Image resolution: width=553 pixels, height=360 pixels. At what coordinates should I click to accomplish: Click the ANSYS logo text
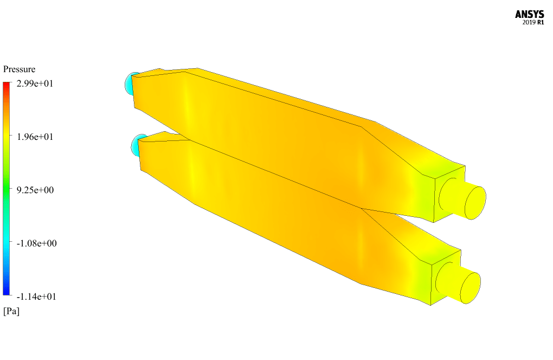point(529,15)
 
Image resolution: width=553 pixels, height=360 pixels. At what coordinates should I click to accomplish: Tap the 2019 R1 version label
point(533,23)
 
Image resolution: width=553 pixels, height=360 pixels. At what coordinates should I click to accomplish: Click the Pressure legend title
point(20,69)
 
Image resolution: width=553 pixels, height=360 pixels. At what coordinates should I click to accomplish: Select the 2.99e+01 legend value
point(35,83)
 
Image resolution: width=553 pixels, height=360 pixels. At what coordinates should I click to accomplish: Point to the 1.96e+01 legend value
point(35,137)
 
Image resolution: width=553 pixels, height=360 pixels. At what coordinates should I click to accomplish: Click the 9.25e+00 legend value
point(35,190)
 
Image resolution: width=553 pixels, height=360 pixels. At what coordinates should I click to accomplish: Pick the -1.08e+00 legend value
point(37,243)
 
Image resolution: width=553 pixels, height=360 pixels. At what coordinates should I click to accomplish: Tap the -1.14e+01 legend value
point(36,297)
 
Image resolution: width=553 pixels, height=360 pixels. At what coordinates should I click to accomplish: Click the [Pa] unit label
point(11,311)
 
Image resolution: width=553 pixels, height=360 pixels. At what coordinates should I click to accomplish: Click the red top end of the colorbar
point(7,83)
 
